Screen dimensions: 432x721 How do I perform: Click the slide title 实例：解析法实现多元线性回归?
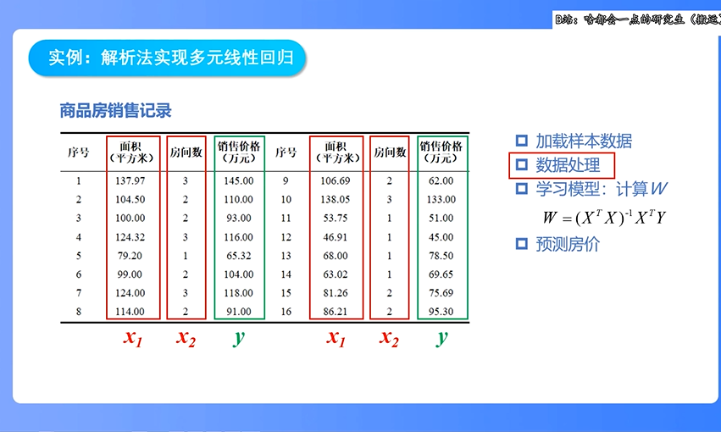point(166,58)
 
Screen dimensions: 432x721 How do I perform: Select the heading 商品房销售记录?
point(115,110)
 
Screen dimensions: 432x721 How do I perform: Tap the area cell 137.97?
point(130,180)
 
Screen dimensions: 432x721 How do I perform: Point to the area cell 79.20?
point(130,255)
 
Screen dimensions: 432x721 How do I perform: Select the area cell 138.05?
point(336,199)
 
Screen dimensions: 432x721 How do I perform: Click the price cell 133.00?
point(441,199)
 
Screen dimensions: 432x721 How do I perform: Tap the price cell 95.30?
point(441,312)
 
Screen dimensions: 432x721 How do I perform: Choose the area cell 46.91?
point(336,236)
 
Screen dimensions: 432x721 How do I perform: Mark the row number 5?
point(79,255)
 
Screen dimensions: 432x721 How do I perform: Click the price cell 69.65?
point(441,274)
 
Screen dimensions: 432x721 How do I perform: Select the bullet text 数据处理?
point(568,165)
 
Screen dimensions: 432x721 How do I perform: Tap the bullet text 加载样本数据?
point(584,141)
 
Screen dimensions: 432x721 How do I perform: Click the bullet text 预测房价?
point(568,245)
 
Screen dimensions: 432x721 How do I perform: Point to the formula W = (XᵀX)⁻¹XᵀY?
point(604,217)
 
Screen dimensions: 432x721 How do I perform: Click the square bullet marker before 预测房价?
point(522,244)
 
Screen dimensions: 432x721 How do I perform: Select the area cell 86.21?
point(336,312)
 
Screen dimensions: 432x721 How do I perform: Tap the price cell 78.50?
point(441,255)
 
